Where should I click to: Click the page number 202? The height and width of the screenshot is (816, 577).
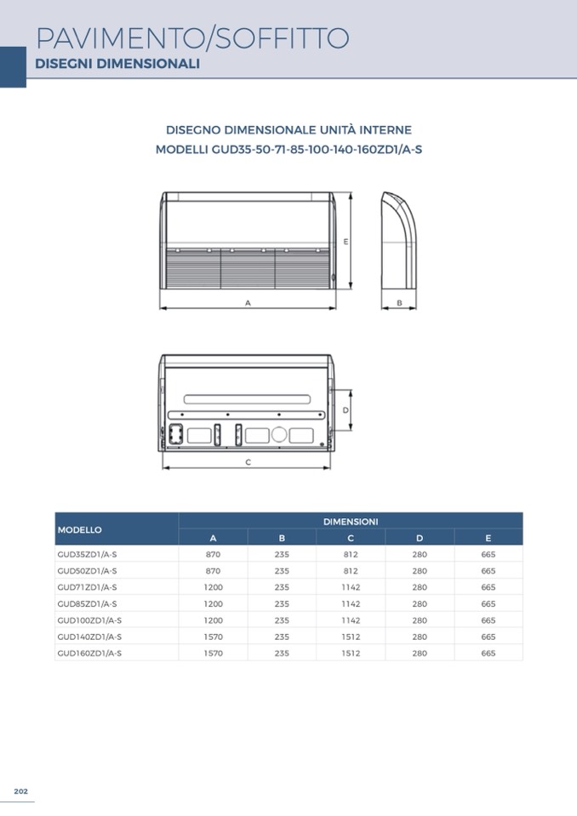[x=21, y=791]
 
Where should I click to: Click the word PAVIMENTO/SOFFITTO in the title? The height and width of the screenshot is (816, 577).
[x=192, y=38]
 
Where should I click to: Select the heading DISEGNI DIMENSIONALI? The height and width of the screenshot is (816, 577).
[x=117, y=64]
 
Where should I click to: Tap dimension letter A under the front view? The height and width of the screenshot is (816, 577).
[x=248, y=302]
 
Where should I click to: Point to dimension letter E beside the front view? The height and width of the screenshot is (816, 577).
[x=346, y=242]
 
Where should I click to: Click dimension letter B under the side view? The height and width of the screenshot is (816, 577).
[x=398, y=302]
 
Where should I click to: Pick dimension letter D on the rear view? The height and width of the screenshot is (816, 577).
[x=345, y=410]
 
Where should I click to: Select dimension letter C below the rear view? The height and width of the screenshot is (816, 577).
[x=248, y=462]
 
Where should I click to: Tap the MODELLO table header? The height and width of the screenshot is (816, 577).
[x=80, y=529]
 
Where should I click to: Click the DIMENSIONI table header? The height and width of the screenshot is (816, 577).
[x=351, y=521]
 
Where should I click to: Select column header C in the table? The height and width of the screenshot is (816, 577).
[x=351, y=538]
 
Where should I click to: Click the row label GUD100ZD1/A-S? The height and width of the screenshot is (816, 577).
[x=89, y=620]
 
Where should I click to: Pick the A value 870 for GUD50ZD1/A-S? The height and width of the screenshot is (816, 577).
[x=213, y=571]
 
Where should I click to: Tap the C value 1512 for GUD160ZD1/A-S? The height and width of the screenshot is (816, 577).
[x=351, y=653]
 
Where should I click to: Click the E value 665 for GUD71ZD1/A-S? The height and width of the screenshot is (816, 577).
[x=488, y=587]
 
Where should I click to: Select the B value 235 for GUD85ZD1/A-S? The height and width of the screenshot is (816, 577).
[x=282, y=604]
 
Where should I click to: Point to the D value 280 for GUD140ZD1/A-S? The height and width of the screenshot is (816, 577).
[x=420, y=636]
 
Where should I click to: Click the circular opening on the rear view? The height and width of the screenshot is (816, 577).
[x=278, y=435]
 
